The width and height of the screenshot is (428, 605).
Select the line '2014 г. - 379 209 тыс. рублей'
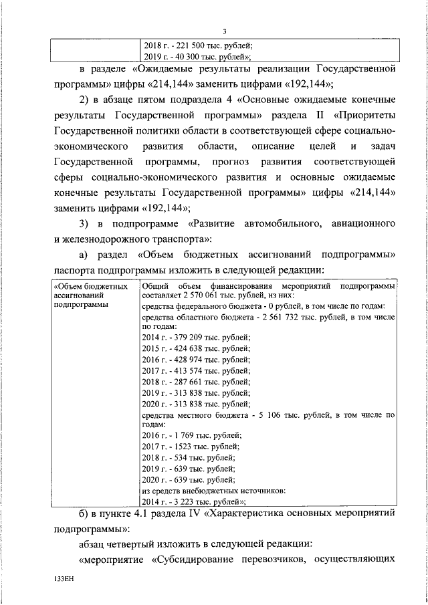tap(197, 338)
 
